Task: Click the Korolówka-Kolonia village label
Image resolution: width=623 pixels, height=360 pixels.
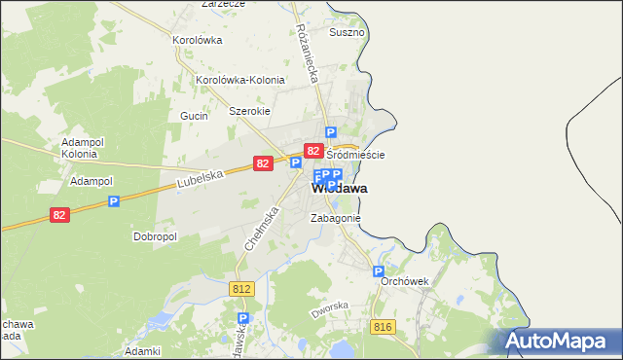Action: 240,80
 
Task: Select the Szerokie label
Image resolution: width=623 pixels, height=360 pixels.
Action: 248,111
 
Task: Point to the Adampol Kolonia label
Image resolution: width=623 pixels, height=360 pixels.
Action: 80,147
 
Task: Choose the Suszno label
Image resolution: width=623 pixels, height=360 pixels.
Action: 347,32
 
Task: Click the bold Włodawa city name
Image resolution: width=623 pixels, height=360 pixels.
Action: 339,188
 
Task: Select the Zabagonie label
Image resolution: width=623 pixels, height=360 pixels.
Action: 335,218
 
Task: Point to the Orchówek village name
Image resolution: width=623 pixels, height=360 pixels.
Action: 404,280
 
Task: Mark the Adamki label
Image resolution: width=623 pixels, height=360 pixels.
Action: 142,350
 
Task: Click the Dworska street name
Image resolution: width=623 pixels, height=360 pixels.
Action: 329,310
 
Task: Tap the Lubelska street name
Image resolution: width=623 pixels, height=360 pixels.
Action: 202,177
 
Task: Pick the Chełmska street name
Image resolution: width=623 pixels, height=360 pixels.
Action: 262,234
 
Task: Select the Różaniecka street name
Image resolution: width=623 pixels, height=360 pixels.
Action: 310,51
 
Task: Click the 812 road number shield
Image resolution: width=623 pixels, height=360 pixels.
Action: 242,289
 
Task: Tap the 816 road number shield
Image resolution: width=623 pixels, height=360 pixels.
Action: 382,327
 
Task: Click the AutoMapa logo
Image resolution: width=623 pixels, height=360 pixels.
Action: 560,341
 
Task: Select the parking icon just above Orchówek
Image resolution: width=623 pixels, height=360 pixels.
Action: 379,272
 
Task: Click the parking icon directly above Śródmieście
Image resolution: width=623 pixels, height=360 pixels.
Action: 331,132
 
